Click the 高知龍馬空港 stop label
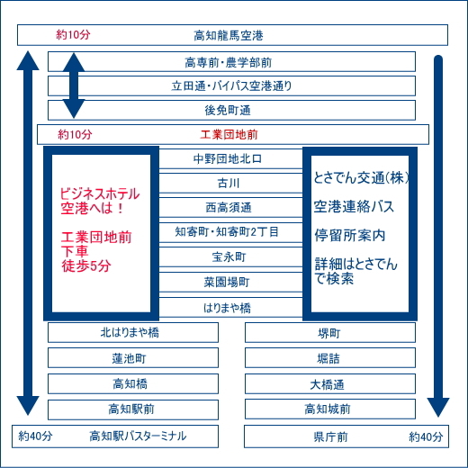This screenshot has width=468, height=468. pyautogui.click(x=229, y=36)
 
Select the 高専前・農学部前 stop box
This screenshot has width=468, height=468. pyautogui.click(x=231, y=61)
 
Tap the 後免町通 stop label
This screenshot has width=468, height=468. pyautogui.click(x=228, y=111)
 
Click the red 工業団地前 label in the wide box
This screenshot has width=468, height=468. pyautogui.click(x=229, y=135)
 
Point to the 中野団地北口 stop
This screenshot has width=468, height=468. pyautogui.click(x=228, y=158)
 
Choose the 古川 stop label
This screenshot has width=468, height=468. pyautogui.click(x=229, y=183)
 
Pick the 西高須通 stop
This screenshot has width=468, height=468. pyautogui.click(x=229, y=207)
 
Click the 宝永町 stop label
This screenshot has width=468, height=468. pyautogui.click(x=229, y=257)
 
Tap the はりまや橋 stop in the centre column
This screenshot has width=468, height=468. pyautogui.click(x=227, y=308)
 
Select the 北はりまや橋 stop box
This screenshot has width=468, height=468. pyautogui.click(x=133, y=332)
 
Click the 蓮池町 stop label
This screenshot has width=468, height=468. pyautogui.click(x=129, y=358)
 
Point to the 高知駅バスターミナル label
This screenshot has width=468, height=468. pyautogui.click(x=138, y=436)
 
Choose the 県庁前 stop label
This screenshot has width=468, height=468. pyautogui.click(x=330, y=437)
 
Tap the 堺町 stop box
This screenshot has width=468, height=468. pyautogui.click(x=330, y=332)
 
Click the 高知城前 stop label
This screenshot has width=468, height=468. pyautogui.click(x=328, y=409)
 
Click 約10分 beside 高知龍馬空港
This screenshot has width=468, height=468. pyautogui.click(x=73, y=35)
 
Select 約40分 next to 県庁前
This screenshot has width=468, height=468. pyautogui.click(x=426, y=437)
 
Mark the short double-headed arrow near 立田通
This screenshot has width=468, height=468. pyautogui.click(x=74, y=85)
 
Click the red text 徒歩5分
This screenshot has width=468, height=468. pyautogui.click(x=86, y=265)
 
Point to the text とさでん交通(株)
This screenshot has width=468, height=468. pyautogui.click(x=361, y=178)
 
